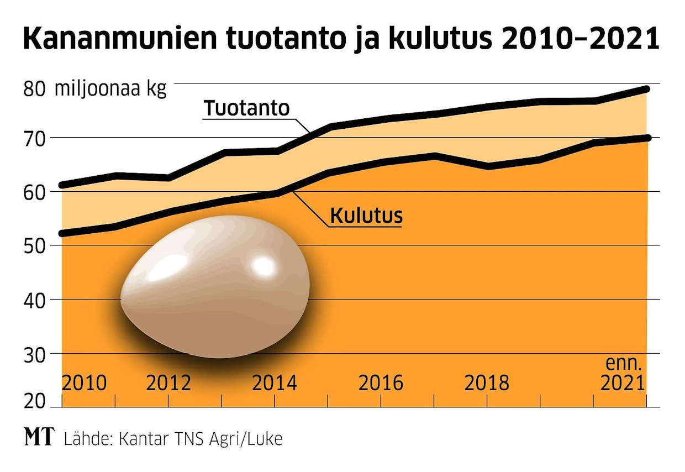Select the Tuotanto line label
(x=246, y=108)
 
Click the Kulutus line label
(x=366, y=216)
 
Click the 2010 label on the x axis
(x=84, y=382)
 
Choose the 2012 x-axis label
(x=168, y=382)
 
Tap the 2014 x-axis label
(x=275, y=382)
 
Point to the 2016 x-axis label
(x=381, y=382)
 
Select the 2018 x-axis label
(x=487, y=382)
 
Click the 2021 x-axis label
(x=623, y=382)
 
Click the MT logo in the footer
(x=40, y=438)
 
